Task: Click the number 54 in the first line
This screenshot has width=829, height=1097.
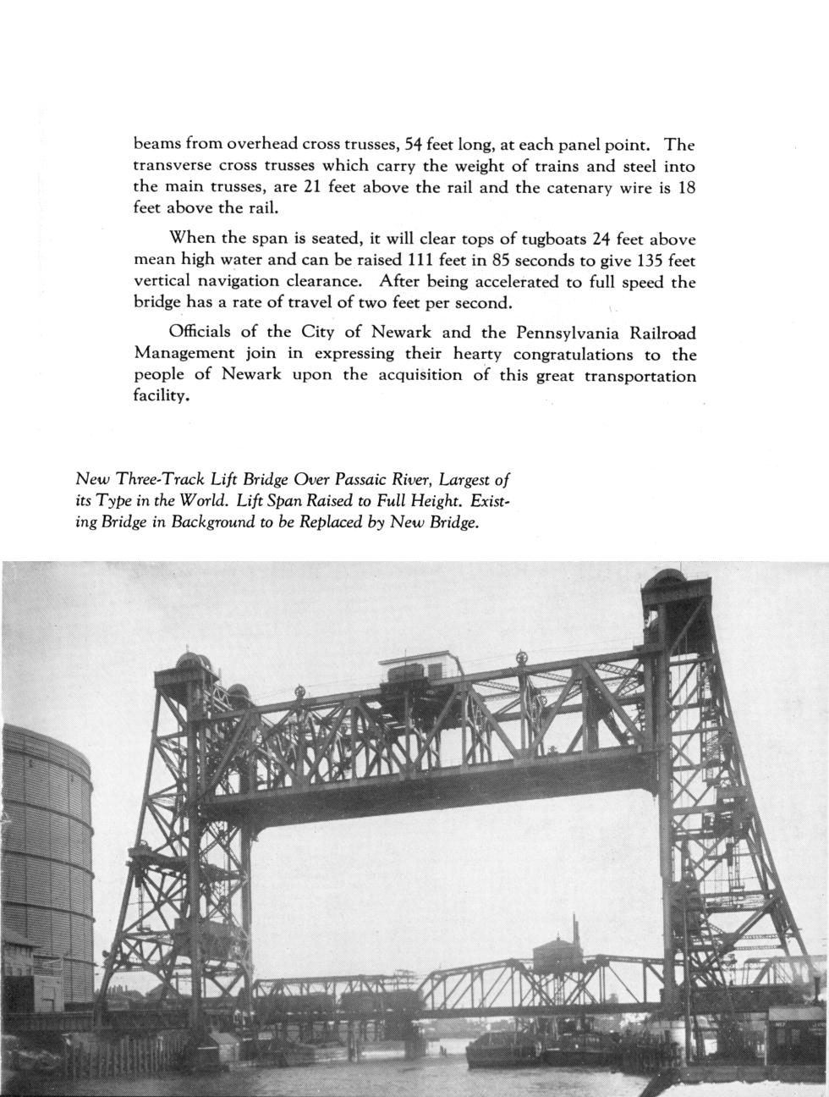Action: click(x=414, y=145)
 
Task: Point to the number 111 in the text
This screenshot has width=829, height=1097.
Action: click(x=421, y=260)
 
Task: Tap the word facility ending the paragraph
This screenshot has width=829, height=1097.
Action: click(x=160, y=396)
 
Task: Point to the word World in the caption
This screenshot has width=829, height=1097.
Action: click(x=200, y=500)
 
